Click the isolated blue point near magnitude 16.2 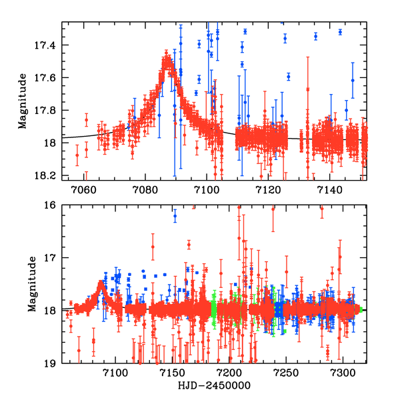pyautogui.click(x=175, y=216)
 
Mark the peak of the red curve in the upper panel pyautogui.click(x=167, y=58)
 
